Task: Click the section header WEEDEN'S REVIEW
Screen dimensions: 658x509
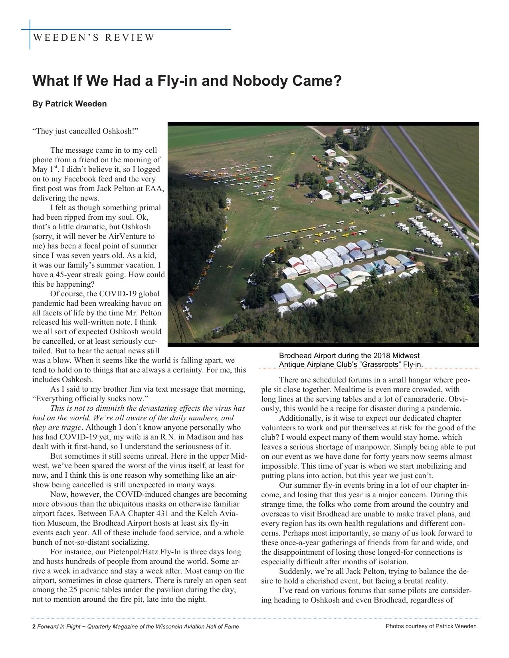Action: pos(93,38)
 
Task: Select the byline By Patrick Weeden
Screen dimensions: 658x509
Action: pos(69,104)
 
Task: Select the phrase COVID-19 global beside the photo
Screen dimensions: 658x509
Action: pos(129,294)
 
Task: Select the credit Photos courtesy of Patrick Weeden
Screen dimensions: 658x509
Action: pos(431,626)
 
